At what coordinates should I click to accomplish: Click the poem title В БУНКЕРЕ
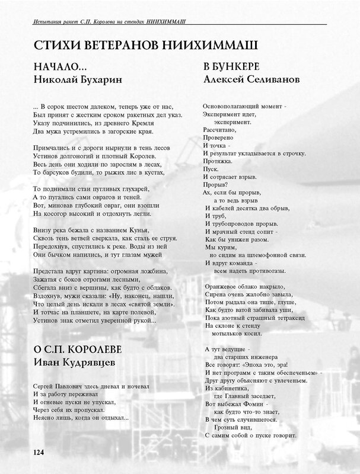(x=229, y=67)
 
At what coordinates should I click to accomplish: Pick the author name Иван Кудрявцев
(x=72, y=361)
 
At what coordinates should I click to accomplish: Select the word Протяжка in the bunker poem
(x=218, y=161)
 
